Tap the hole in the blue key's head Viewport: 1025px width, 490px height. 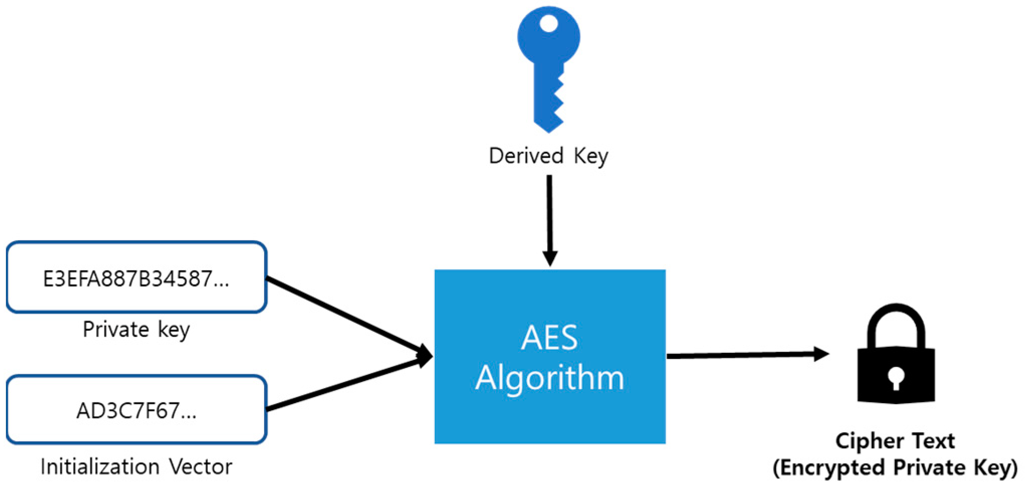click(x=549, y=23)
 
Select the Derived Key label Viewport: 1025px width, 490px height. click(x=548, y=156)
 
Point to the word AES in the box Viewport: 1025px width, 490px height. click(x=550, y=338)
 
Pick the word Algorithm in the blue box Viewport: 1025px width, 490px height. click(x=550, y=378)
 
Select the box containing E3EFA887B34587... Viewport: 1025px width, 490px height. click(x=136, y=278)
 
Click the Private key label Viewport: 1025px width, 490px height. click(x=136, y=330)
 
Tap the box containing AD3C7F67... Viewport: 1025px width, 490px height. click(x=136, y=411)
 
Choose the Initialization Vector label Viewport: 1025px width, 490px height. click(x=136, y=467)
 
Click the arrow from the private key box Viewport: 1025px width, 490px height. click(x=346, y=315)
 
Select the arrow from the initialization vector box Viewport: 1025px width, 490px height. click(x=346, y=383)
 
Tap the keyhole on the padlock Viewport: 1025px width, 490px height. click(x=896, y=378)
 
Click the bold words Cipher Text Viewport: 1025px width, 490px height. click(x=895, y=441)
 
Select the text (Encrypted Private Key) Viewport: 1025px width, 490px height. click(x=895, y=468)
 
